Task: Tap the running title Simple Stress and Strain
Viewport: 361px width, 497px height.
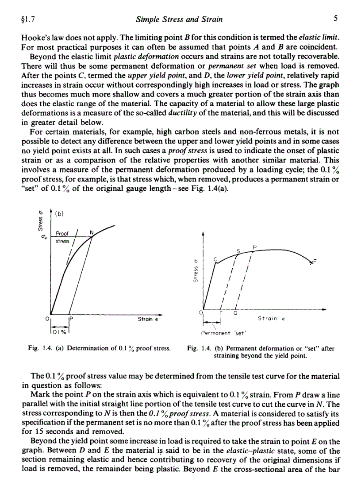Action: click(x=179, y=19)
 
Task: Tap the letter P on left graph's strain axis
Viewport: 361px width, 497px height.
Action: click(x=71, y=318)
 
